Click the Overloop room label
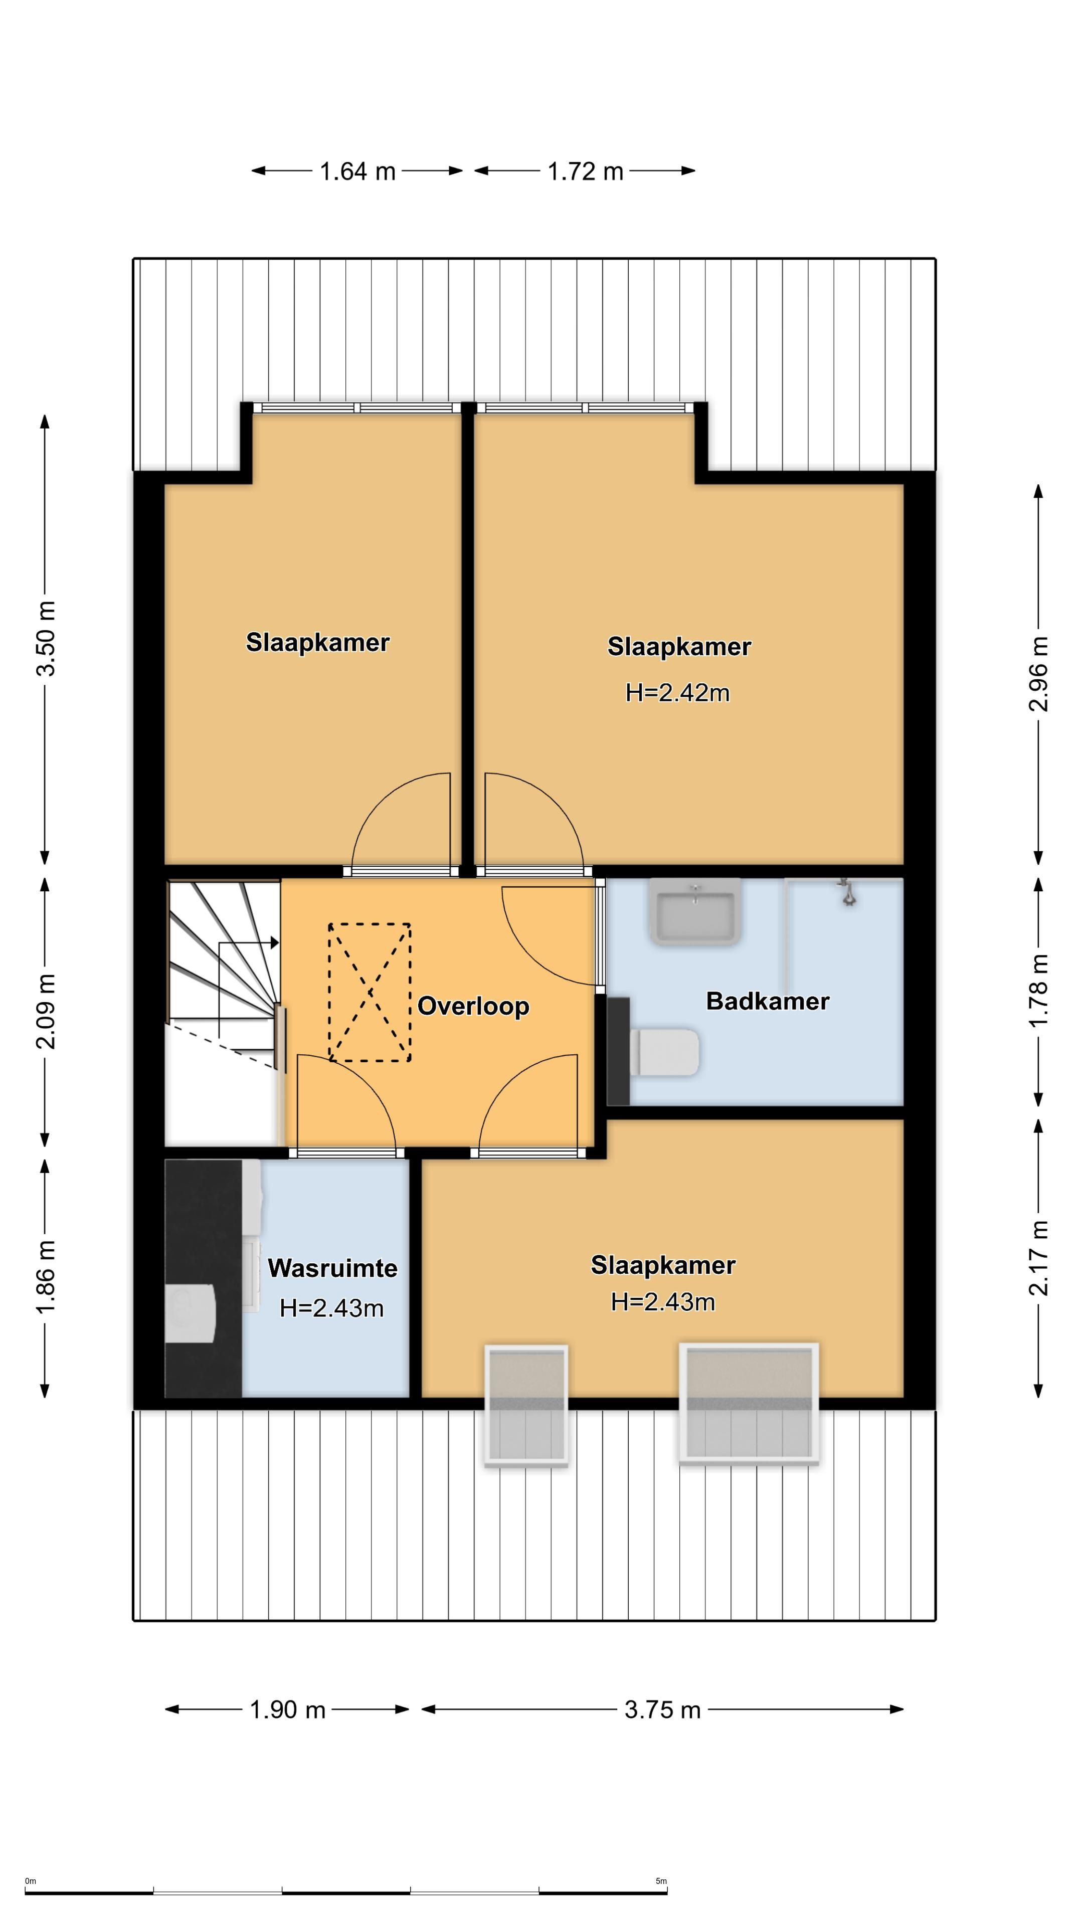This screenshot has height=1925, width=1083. [473, 1006]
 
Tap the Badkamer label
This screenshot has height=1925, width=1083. [768, 1002]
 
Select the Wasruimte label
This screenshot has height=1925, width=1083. [332, 1268]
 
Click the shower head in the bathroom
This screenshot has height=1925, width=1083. [847, 891]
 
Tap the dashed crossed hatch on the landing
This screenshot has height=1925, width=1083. [369, 993]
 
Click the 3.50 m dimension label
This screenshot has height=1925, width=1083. [46, 638]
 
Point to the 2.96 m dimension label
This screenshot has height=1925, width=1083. [1039, 674]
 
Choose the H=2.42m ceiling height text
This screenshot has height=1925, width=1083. [677, 693]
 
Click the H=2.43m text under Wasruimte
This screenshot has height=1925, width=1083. [332, 1308]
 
